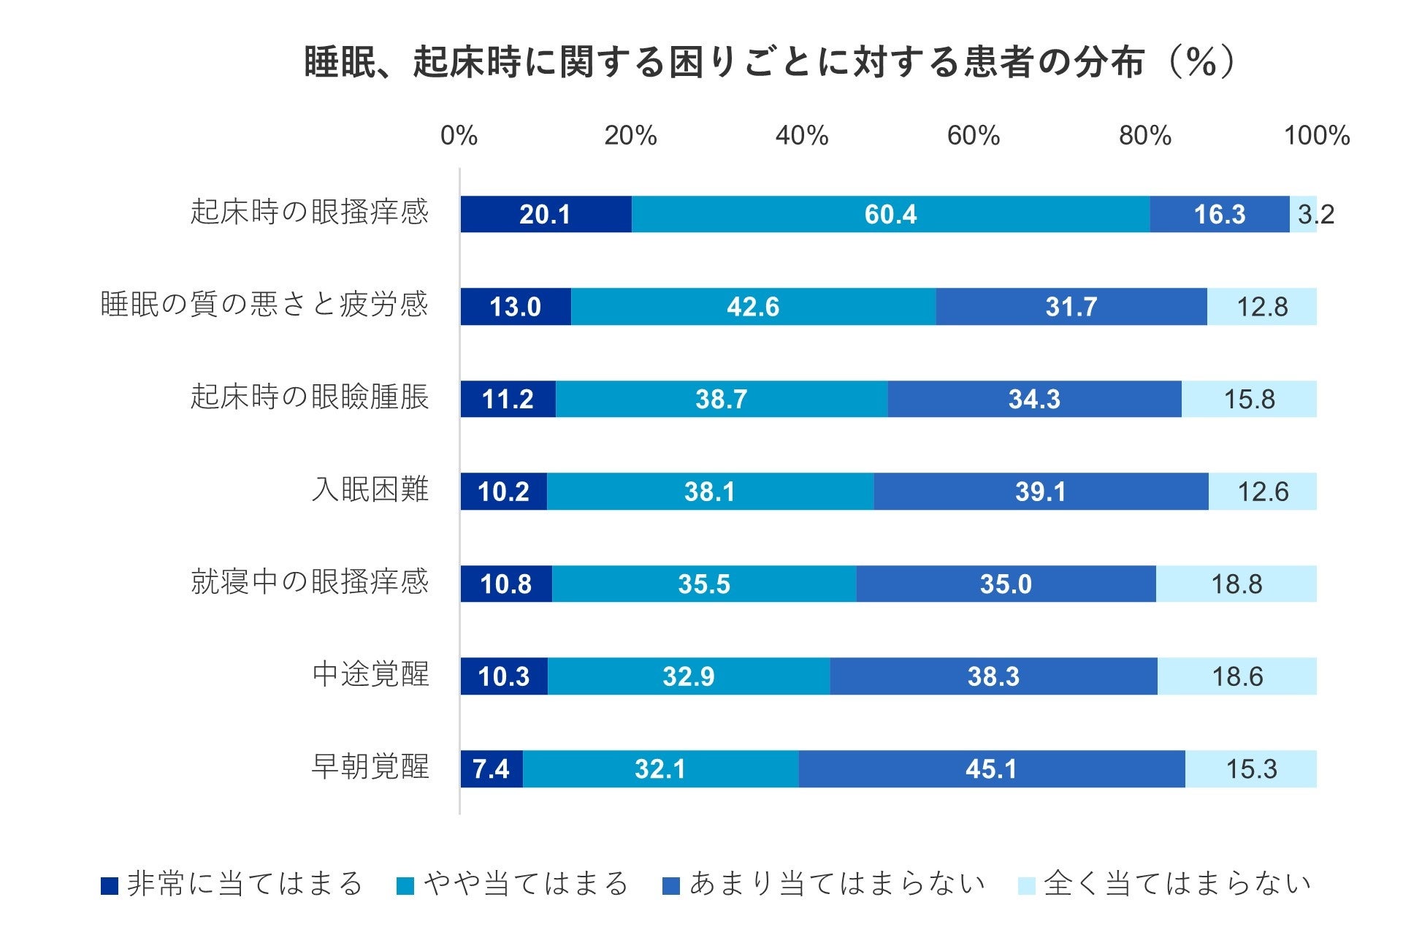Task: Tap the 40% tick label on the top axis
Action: coord(802,136)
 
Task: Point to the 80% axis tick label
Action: coord(1144,136)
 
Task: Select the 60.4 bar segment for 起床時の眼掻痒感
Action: coord(890,214)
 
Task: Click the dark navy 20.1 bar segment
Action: coord(545,214)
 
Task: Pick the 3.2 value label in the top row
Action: coord(1315,214)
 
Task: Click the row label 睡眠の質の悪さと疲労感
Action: coord(264,305)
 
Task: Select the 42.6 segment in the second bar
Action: coord(753,307)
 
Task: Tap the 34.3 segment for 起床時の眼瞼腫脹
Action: coord(1034,399)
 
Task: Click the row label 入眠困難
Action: coord(370,489)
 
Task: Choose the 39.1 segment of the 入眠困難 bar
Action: coord(1040,492)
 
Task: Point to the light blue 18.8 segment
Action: coord(1236,584)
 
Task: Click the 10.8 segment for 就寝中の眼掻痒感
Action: coord(505,584)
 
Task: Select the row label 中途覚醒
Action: coord(370,674)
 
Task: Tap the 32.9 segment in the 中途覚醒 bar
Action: coord(688,676)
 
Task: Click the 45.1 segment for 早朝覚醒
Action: coord(991,768)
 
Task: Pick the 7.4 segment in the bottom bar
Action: coord(491,768)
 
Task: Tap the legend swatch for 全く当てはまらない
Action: coord(1026,886)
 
